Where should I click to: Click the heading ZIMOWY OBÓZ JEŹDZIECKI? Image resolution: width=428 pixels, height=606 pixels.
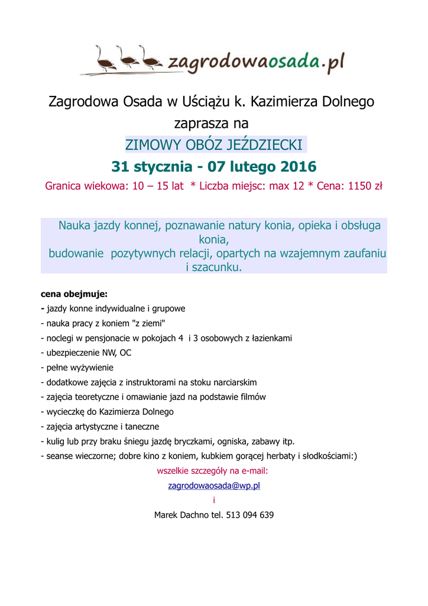click(214, 145)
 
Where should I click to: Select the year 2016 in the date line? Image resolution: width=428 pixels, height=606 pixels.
click(294, 166)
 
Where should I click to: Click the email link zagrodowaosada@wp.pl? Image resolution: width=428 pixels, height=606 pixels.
click(214, 486)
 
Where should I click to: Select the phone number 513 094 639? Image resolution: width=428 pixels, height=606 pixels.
click(250, 515)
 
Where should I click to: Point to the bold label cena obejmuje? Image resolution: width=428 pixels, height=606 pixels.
click(74, 294)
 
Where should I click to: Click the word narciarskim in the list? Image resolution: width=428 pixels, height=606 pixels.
click(231, 382)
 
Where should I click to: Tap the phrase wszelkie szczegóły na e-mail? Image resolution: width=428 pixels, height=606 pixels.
click(213, 471)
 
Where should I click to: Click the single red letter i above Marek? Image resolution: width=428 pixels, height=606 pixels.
click(214, 501)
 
